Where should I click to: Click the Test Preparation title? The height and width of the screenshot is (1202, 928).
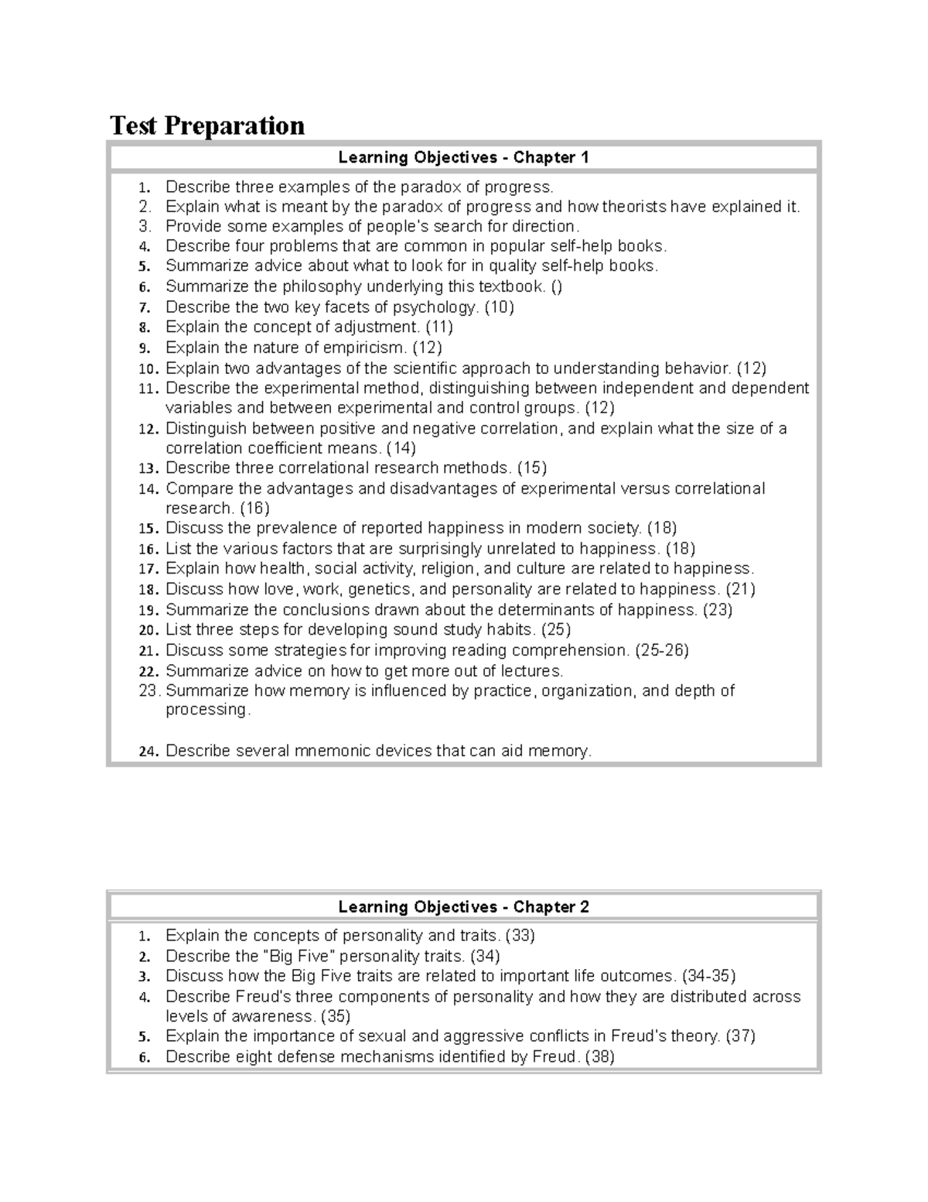pyautogui.click(x=207, y=125)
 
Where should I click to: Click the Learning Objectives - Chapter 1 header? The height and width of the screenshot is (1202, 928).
pyautogui.click(x=463, y=158)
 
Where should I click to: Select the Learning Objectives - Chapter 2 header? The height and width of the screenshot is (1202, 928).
pyautogui.click(x=463, y=907)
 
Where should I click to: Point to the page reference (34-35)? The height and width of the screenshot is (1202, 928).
pyautogui.click(x=708, y=976)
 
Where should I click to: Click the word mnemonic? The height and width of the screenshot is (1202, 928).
pyautogui.click(x=327, y=751)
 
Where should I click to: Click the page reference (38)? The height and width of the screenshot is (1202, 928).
pyautogui.click(x=600, y=1057)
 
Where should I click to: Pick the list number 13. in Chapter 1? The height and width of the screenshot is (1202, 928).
pyautogui.click(x=148, y=468)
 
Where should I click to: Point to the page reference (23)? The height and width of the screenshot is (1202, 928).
pyautogui.click(x=717, y=610)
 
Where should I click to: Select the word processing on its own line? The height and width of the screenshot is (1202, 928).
pyautogui.click(x=207, y=710)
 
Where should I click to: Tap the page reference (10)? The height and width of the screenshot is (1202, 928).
pyautogui.click(x=499, y=307)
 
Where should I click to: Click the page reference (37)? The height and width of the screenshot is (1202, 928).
pyautogui.click(x=740, y=1036)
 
